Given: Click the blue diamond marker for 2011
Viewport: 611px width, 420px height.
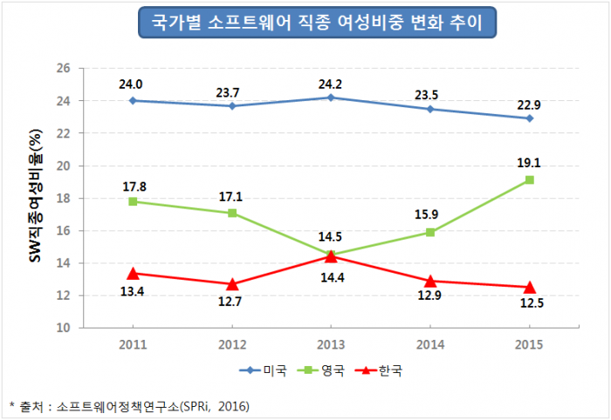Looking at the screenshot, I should click(131, 100).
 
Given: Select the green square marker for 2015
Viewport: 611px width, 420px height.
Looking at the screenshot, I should click(529, 180).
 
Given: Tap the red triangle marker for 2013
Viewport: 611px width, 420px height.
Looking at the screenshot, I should click(330, 256).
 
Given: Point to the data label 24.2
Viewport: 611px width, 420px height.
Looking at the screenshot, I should click(330, 80).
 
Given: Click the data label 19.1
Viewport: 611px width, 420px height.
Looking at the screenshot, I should click(529, 161).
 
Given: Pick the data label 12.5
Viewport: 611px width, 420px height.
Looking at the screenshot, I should click(529, 306).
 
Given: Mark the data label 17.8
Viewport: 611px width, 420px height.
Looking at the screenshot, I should click(131, 185).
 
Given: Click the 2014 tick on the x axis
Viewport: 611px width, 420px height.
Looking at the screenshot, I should click(429, 344).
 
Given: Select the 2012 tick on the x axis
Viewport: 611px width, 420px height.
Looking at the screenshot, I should click(230, 344).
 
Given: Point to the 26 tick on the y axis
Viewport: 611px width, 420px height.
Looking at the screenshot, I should click(64, 68).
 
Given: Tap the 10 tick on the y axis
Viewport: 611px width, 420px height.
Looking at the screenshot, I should click(64, 329).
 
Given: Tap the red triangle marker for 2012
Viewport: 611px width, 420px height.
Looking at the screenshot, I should click(230, 284).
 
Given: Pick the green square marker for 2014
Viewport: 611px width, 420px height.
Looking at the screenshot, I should click(429, 232).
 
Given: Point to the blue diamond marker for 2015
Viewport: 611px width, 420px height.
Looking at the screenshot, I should click(529, 118).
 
